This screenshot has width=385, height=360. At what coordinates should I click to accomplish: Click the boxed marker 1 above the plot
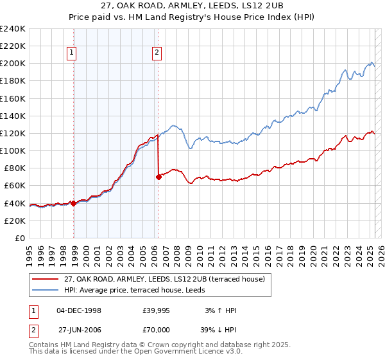click(71, 54)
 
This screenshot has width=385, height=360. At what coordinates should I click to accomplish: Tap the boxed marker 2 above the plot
click(157, 54)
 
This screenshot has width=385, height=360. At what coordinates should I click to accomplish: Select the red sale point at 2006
click(158, 177)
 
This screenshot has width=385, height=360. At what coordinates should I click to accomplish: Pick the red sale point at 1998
click(74, 203)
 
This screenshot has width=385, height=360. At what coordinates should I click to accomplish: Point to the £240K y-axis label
click(12, 29)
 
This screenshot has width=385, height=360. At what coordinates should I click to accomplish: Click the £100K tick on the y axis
click(12, 150)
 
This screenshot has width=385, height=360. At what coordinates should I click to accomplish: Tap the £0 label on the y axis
click(19, 238)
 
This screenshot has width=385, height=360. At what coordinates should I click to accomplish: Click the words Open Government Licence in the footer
click(153, 353)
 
